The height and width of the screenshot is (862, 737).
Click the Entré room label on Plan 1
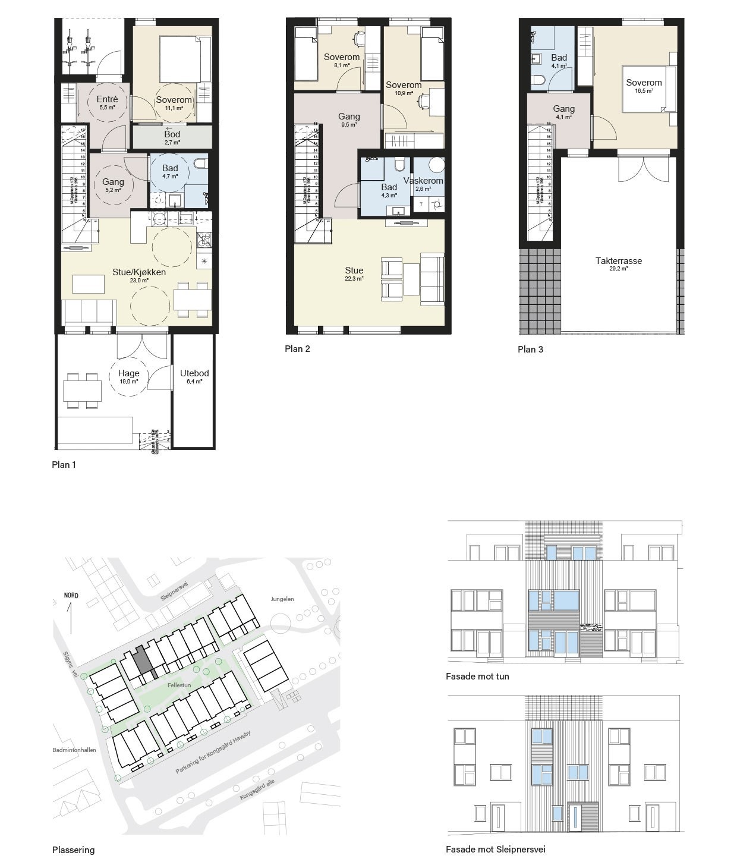(x=107, y=99)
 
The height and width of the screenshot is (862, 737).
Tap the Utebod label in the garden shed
(x=194, y=373)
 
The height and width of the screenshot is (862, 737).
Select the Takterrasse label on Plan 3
(x=619, y=260)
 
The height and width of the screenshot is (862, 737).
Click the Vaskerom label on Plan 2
(x=423, y=181)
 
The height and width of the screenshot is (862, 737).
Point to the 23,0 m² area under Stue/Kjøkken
(x=139, y=281)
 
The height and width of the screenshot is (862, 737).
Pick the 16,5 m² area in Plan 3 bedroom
(x=644, y=91)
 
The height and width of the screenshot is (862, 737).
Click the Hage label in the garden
(x=128, y=373)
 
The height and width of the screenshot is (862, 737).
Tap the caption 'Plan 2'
(x=297, y=349)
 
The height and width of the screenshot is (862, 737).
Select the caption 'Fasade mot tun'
(x=477, y=677)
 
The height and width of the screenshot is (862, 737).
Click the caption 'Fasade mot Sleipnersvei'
(x=495, y=850)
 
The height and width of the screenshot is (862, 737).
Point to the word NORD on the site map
(x=71, y=596)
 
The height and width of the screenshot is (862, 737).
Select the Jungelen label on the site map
(x=282, y=599)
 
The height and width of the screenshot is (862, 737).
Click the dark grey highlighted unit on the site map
(x=141, y=659)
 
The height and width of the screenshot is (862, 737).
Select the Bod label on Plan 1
(x=172, y=134)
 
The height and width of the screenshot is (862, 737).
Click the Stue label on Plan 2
(x=354, y=270)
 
